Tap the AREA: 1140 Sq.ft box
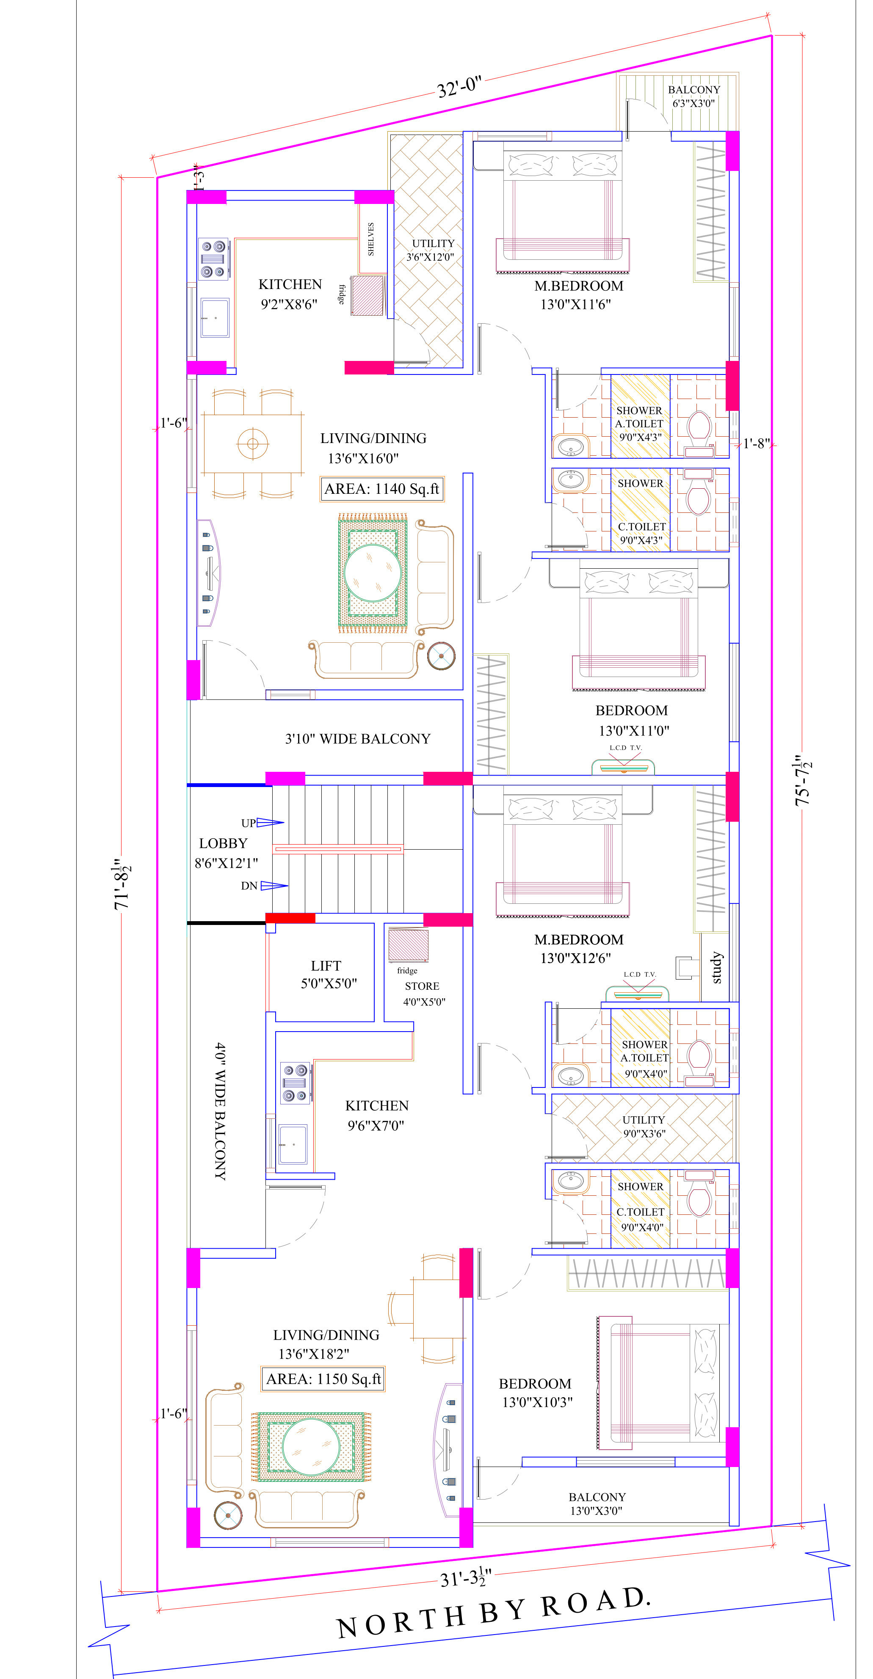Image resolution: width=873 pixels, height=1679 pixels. [x=382, y=489]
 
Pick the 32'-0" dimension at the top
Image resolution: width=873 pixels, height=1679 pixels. [x=459, y=87]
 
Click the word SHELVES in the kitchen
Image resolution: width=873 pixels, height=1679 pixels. [x=370, y=239]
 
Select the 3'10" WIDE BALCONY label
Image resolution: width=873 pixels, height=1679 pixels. [x=358, y=738]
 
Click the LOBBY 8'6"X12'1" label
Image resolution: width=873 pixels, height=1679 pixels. [x=226, y=853]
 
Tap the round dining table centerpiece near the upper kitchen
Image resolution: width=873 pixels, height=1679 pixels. [x=253, y=444]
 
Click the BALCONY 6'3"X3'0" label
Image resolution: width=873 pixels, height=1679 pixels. [x=694, y=96]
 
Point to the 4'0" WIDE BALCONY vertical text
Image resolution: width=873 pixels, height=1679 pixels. [x=221, y=1111]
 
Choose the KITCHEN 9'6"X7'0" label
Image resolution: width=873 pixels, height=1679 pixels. [x=377, y=1115]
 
